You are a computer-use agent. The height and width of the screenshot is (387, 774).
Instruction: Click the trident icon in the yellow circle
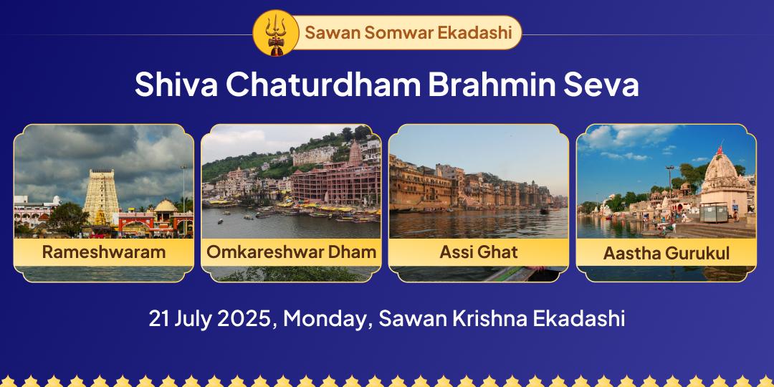tap(272, 33)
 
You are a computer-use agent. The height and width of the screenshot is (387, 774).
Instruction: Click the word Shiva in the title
tap(176, 85)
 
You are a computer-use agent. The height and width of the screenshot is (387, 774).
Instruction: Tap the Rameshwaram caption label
tap(104, 252)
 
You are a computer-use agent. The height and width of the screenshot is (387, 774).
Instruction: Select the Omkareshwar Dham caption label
tap(291, 252)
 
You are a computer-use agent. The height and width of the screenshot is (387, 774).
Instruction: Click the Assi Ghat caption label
tap(479, 252)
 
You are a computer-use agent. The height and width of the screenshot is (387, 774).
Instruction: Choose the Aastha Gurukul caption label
tap(666, 253)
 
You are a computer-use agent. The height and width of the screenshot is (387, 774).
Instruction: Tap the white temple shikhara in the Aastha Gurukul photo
tap(725, 179)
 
